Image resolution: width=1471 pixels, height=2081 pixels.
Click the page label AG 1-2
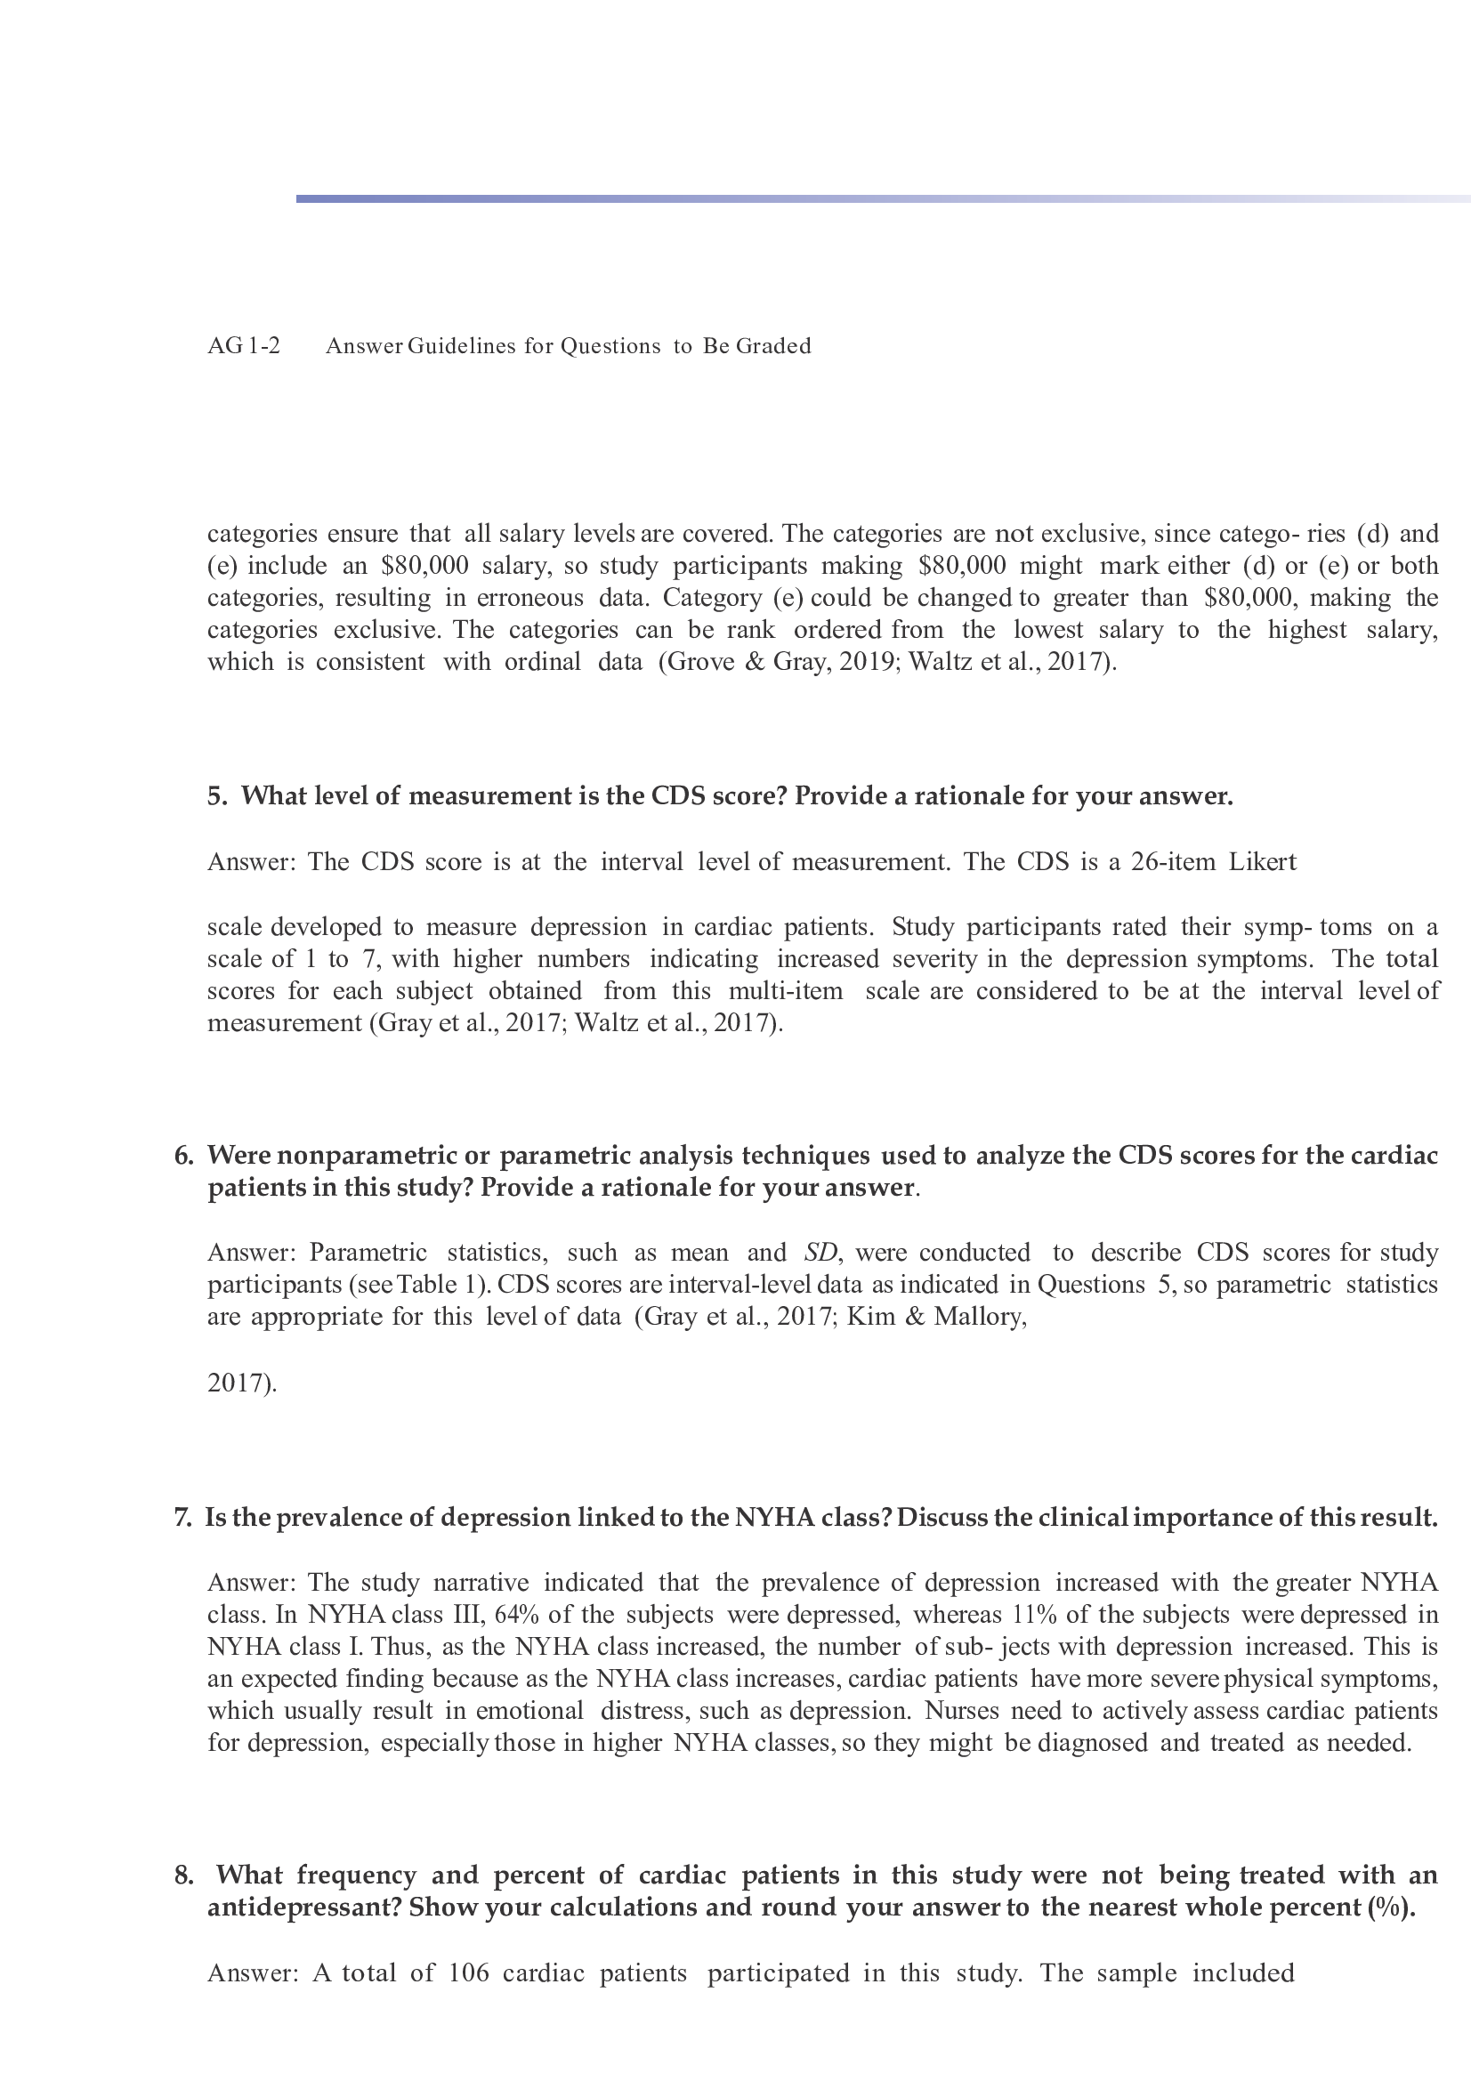(244, 345)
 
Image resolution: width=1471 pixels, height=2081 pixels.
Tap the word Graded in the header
(773, 345)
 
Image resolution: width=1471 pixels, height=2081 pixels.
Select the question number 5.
(216, 795)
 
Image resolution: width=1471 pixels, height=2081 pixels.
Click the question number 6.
(183, 1155)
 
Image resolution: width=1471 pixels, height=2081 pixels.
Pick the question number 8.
(183, 1875)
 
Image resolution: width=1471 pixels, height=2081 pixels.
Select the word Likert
(1263, 861)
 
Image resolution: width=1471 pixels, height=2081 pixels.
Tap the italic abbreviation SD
(820, 1252)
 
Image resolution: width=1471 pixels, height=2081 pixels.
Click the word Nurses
(962, 1710)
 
